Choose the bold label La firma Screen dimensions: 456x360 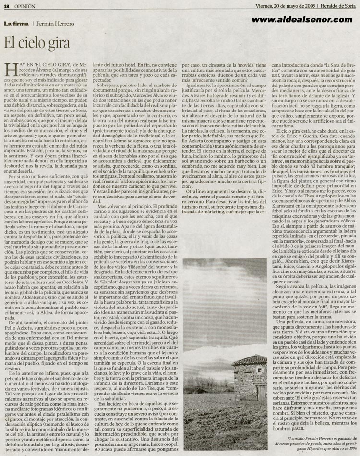(16, 24)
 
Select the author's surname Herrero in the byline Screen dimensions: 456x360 (64, 24)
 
